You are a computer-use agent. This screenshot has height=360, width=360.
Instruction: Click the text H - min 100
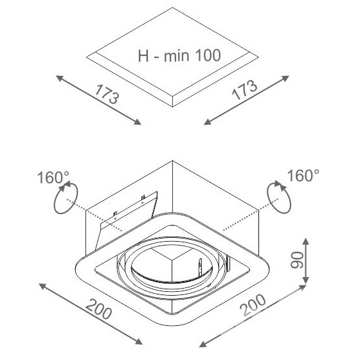click(179, 55)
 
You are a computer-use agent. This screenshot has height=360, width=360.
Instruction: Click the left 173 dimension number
click(107, 94)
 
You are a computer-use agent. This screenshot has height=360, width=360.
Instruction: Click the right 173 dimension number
click(244, 90)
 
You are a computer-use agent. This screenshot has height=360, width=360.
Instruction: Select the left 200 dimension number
click(99, 309)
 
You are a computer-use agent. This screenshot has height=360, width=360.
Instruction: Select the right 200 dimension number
click(253, 305)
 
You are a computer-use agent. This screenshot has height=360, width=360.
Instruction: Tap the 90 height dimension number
click(296, 260)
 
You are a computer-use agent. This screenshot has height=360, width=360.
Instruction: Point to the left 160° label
click(53, 177)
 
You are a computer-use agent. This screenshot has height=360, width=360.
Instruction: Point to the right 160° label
click(303, 175)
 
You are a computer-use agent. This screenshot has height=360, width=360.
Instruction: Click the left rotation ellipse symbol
click(66, 198)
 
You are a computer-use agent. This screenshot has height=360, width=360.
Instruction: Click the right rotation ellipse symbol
click(279, 197)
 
